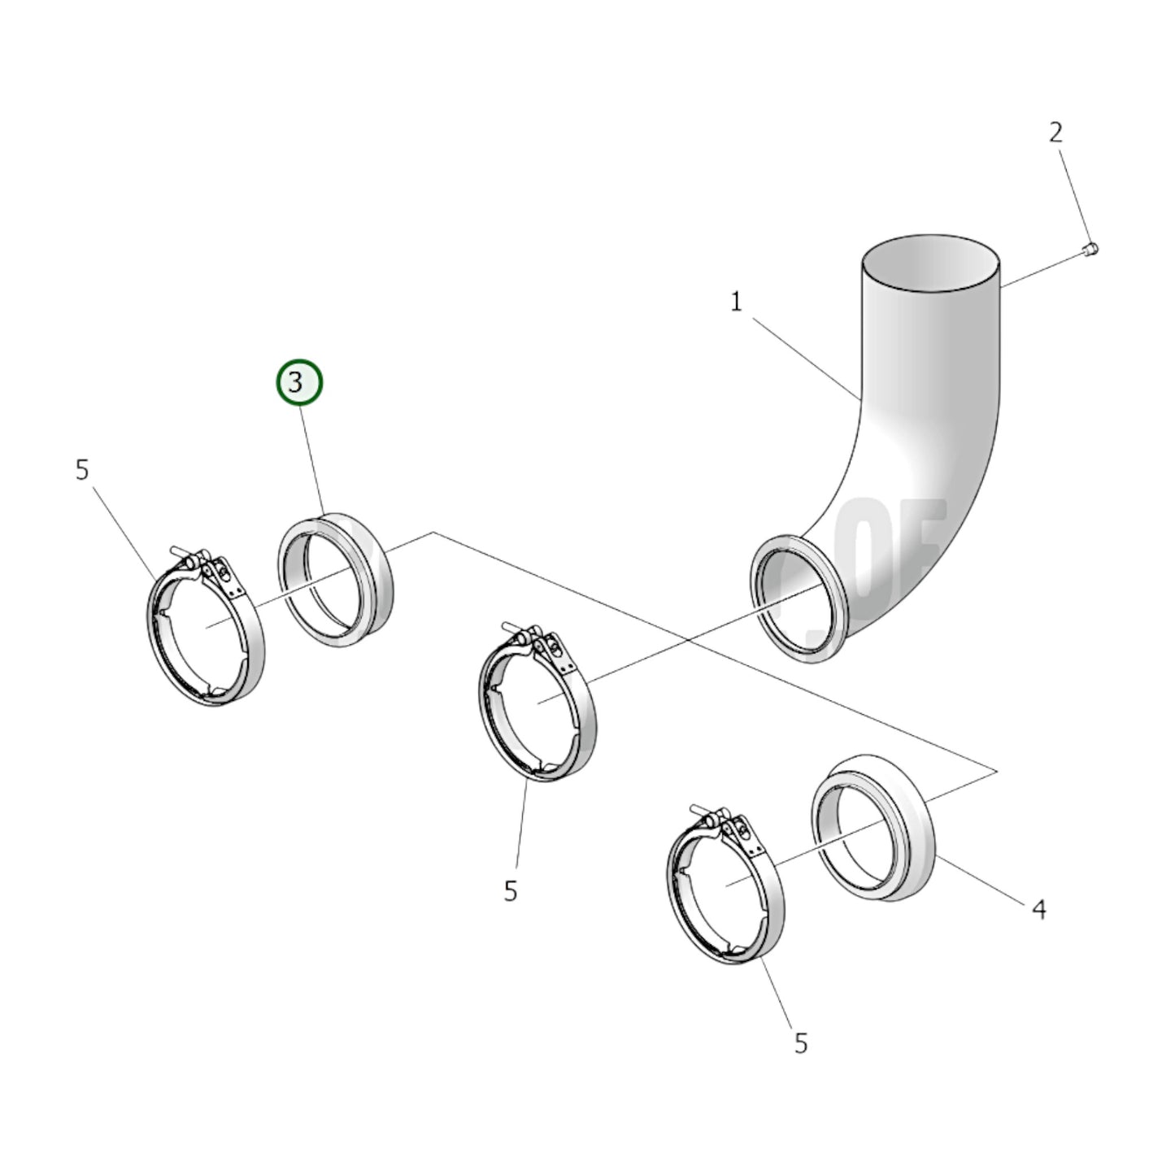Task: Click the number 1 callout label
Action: point(736,302)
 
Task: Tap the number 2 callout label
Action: point(1055,132)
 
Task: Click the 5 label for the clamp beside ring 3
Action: point(82,470)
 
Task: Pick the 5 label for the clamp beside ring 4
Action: point(801,1042)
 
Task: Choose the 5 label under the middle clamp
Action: point(510,891)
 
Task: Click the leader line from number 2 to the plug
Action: point(1072,190)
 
